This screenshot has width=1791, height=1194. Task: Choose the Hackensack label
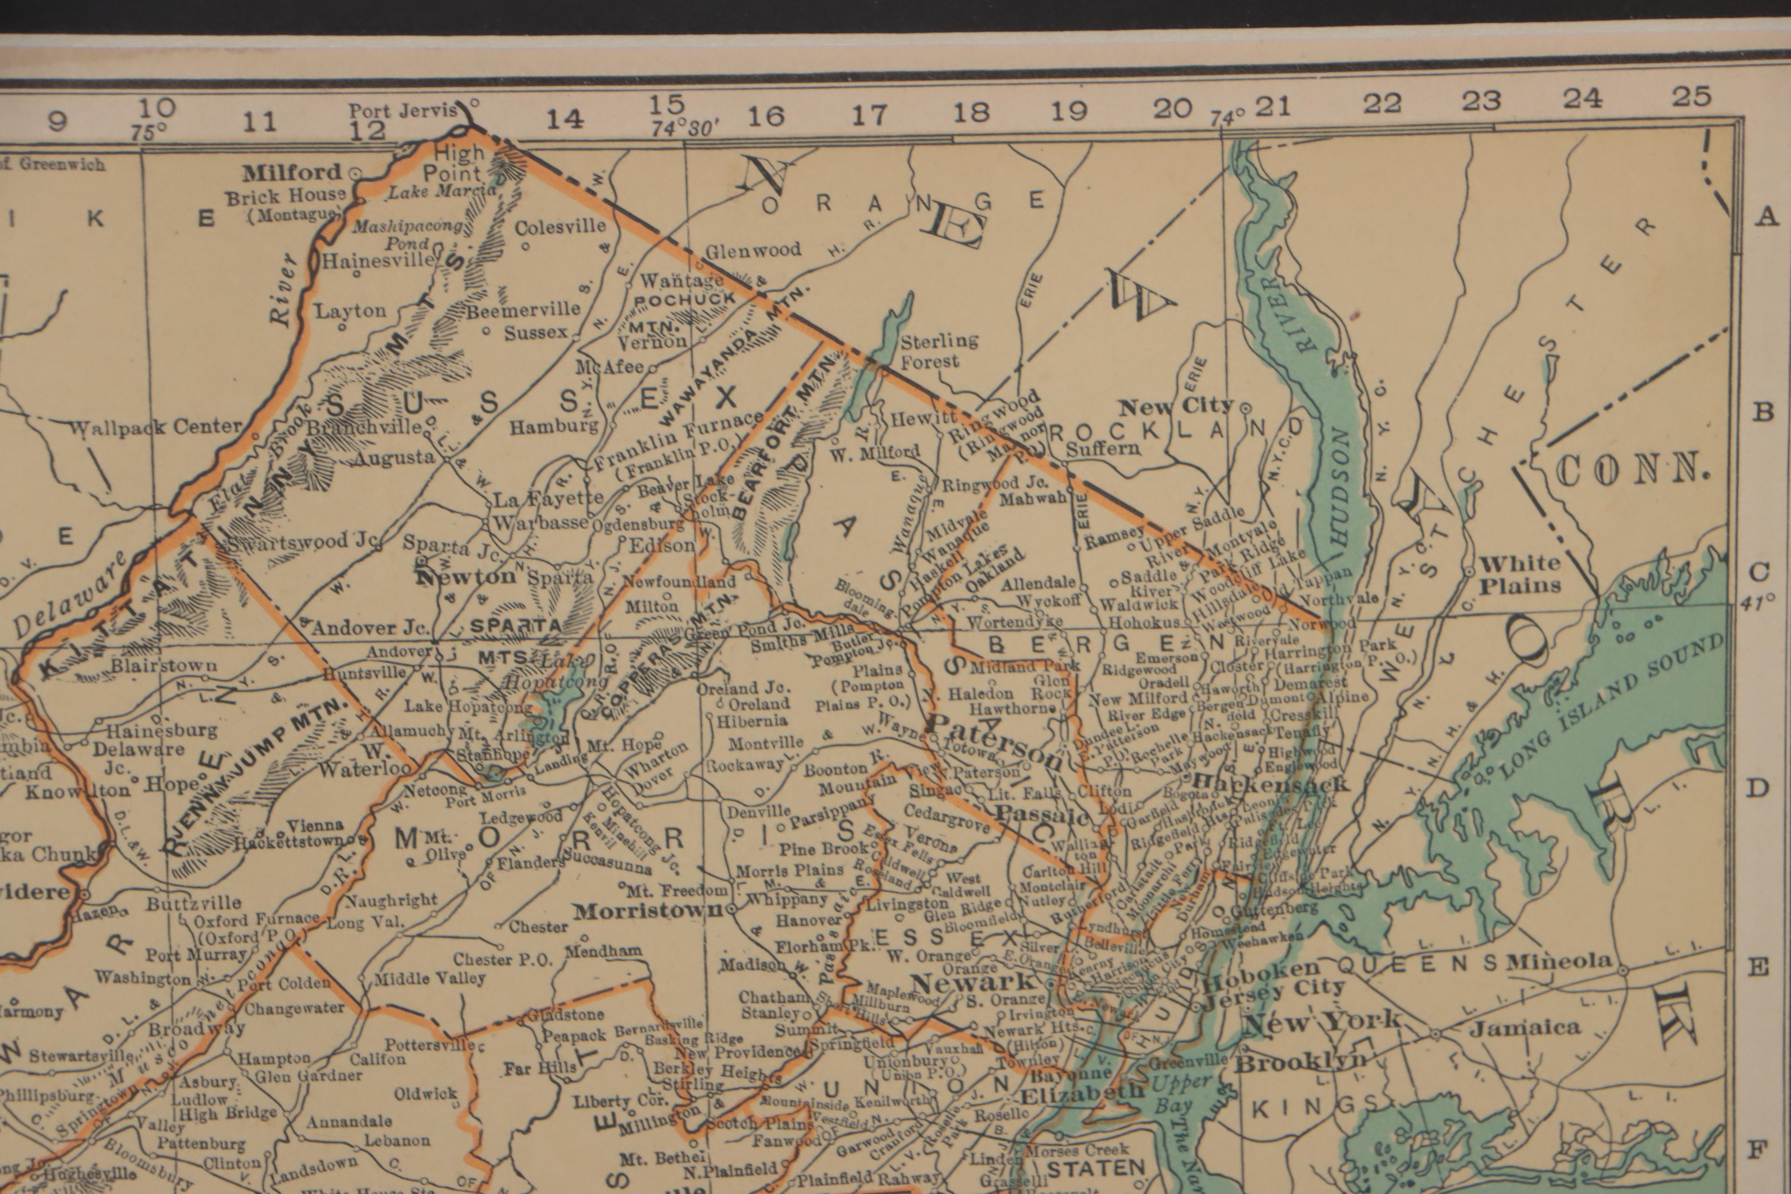pyautogui.click(x=1270, y=783)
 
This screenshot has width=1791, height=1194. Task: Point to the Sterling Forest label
pyautogui.click(x=939, y=351)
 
